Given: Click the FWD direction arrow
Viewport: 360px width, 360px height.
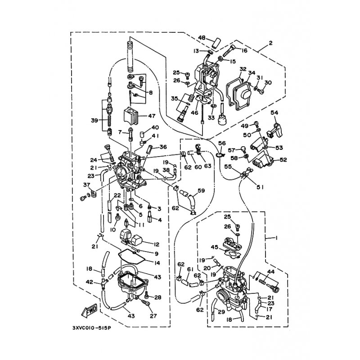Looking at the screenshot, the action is [89, 310].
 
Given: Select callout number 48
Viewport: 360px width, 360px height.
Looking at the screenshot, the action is [202, 38].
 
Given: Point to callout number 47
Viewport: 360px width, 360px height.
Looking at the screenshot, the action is [152, 116].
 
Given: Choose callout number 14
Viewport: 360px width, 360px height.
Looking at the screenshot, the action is [157, 263].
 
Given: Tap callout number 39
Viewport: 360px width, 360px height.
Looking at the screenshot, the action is [94, 120].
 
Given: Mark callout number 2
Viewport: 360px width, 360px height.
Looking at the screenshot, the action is [271, 43].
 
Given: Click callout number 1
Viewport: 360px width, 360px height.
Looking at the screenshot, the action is [276, 238].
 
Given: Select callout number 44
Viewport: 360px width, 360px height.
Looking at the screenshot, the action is [271, 272].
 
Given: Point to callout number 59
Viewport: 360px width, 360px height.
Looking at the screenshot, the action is [201, 190].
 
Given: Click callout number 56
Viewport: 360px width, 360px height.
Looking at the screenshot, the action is [222, 143].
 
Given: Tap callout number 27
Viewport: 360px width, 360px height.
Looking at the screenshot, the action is [153, 316].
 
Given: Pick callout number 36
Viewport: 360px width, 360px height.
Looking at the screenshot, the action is [163, 147].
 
